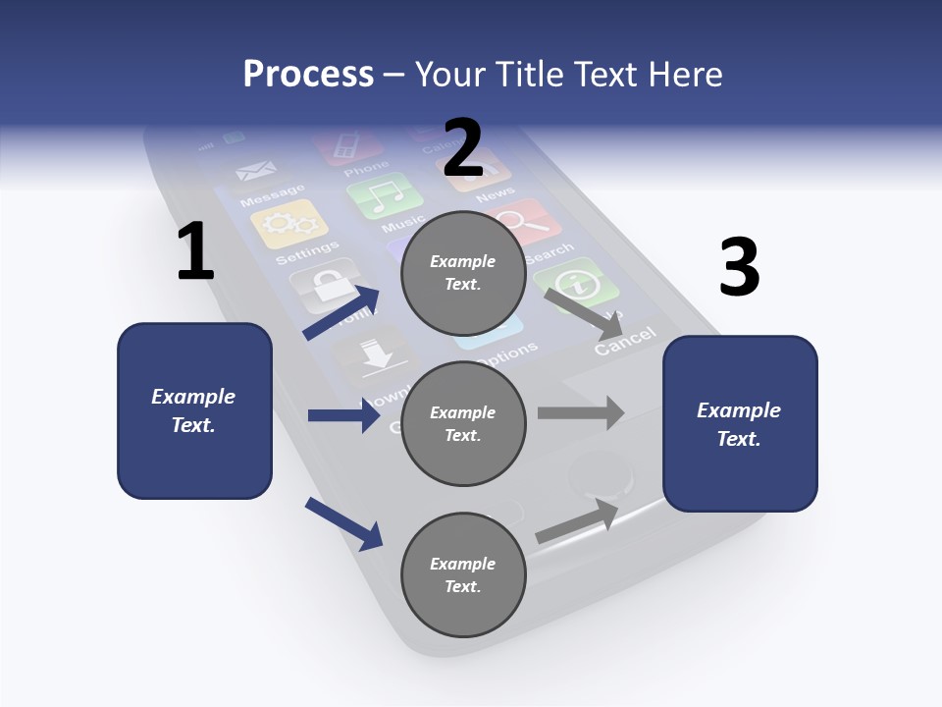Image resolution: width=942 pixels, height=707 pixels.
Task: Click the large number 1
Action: [x=195, y=251]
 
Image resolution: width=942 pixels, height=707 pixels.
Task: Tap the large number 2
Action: [x=462, y=147]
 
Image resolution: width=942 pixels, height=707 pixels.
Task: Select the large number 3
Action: [x=739, y=267]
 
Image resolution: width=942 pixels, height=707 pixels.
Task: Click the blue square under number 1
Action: [x=194, y=410]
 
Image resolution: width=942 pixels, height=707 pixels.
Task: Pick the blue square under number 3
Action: [x=740, y=423]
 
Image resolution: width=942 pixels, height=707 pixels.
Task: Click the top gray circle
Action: [x=463, y=273]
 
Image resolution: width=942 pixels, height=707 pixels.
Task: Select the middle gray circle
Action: [x=463, y=423]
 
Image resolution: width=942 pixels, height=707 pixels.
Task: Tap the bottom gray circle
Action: [x=463, y=574]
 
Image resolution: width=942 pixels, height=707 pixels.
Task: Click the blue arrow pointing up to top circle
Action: [x=342, y=313]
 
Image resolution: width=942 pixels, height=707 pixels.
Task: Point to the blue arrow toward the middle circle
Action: [x=343, y=415]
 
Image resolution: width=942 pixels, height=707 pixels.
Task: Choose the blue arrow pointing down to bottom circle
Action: [x=343, y=523]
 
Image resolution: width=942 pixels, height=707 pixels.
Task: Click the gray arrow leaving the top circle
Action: [x=583, y=313]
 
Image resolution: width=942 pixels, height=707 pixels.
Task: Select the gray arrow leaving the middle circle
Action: [x=581, y=412]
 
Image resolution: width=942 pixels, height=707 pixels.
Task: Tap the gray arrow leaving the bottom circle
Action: [x=577, y=520]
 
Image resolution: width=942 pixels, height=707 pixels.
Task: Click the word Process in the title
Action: [x=308, y=74]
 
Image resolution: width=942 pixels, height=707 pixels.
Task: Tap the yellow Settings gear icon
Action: [x=288, y=224]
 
